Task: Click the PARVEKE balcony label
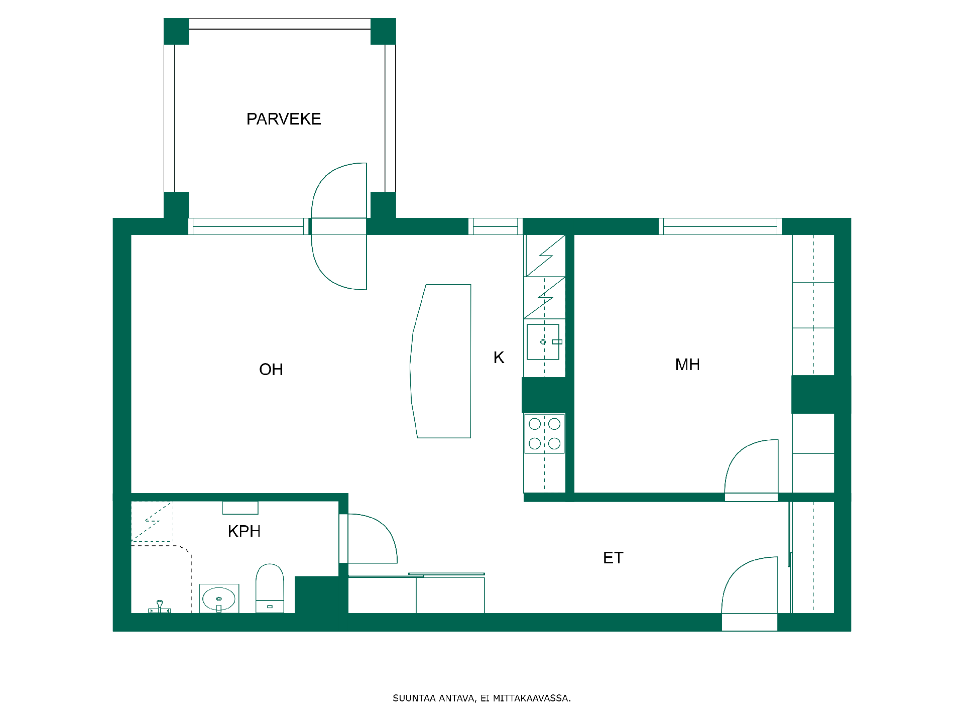point(284,119)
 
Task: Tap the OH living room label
point(271,370)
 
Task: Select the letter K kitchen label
point(499,357)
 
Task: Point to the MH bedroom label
point(687,365)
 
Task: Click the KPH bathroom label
point(244,531)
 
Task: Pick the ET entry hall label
point(613,558)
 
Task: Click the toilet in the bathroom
point(270,588)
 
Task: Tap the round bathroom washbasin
point(219,599)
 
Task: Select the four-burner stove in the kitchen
point(544,433)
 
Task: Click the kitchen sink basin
point(543,342)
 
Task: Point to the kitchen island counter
point(441,361)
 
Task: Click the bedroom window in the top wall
point(720,226)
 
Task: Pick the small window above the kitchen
point(496,226)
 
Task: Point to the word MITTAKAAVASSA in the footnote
point(532,698)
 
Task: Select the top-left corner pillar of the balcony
point(176,31)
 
